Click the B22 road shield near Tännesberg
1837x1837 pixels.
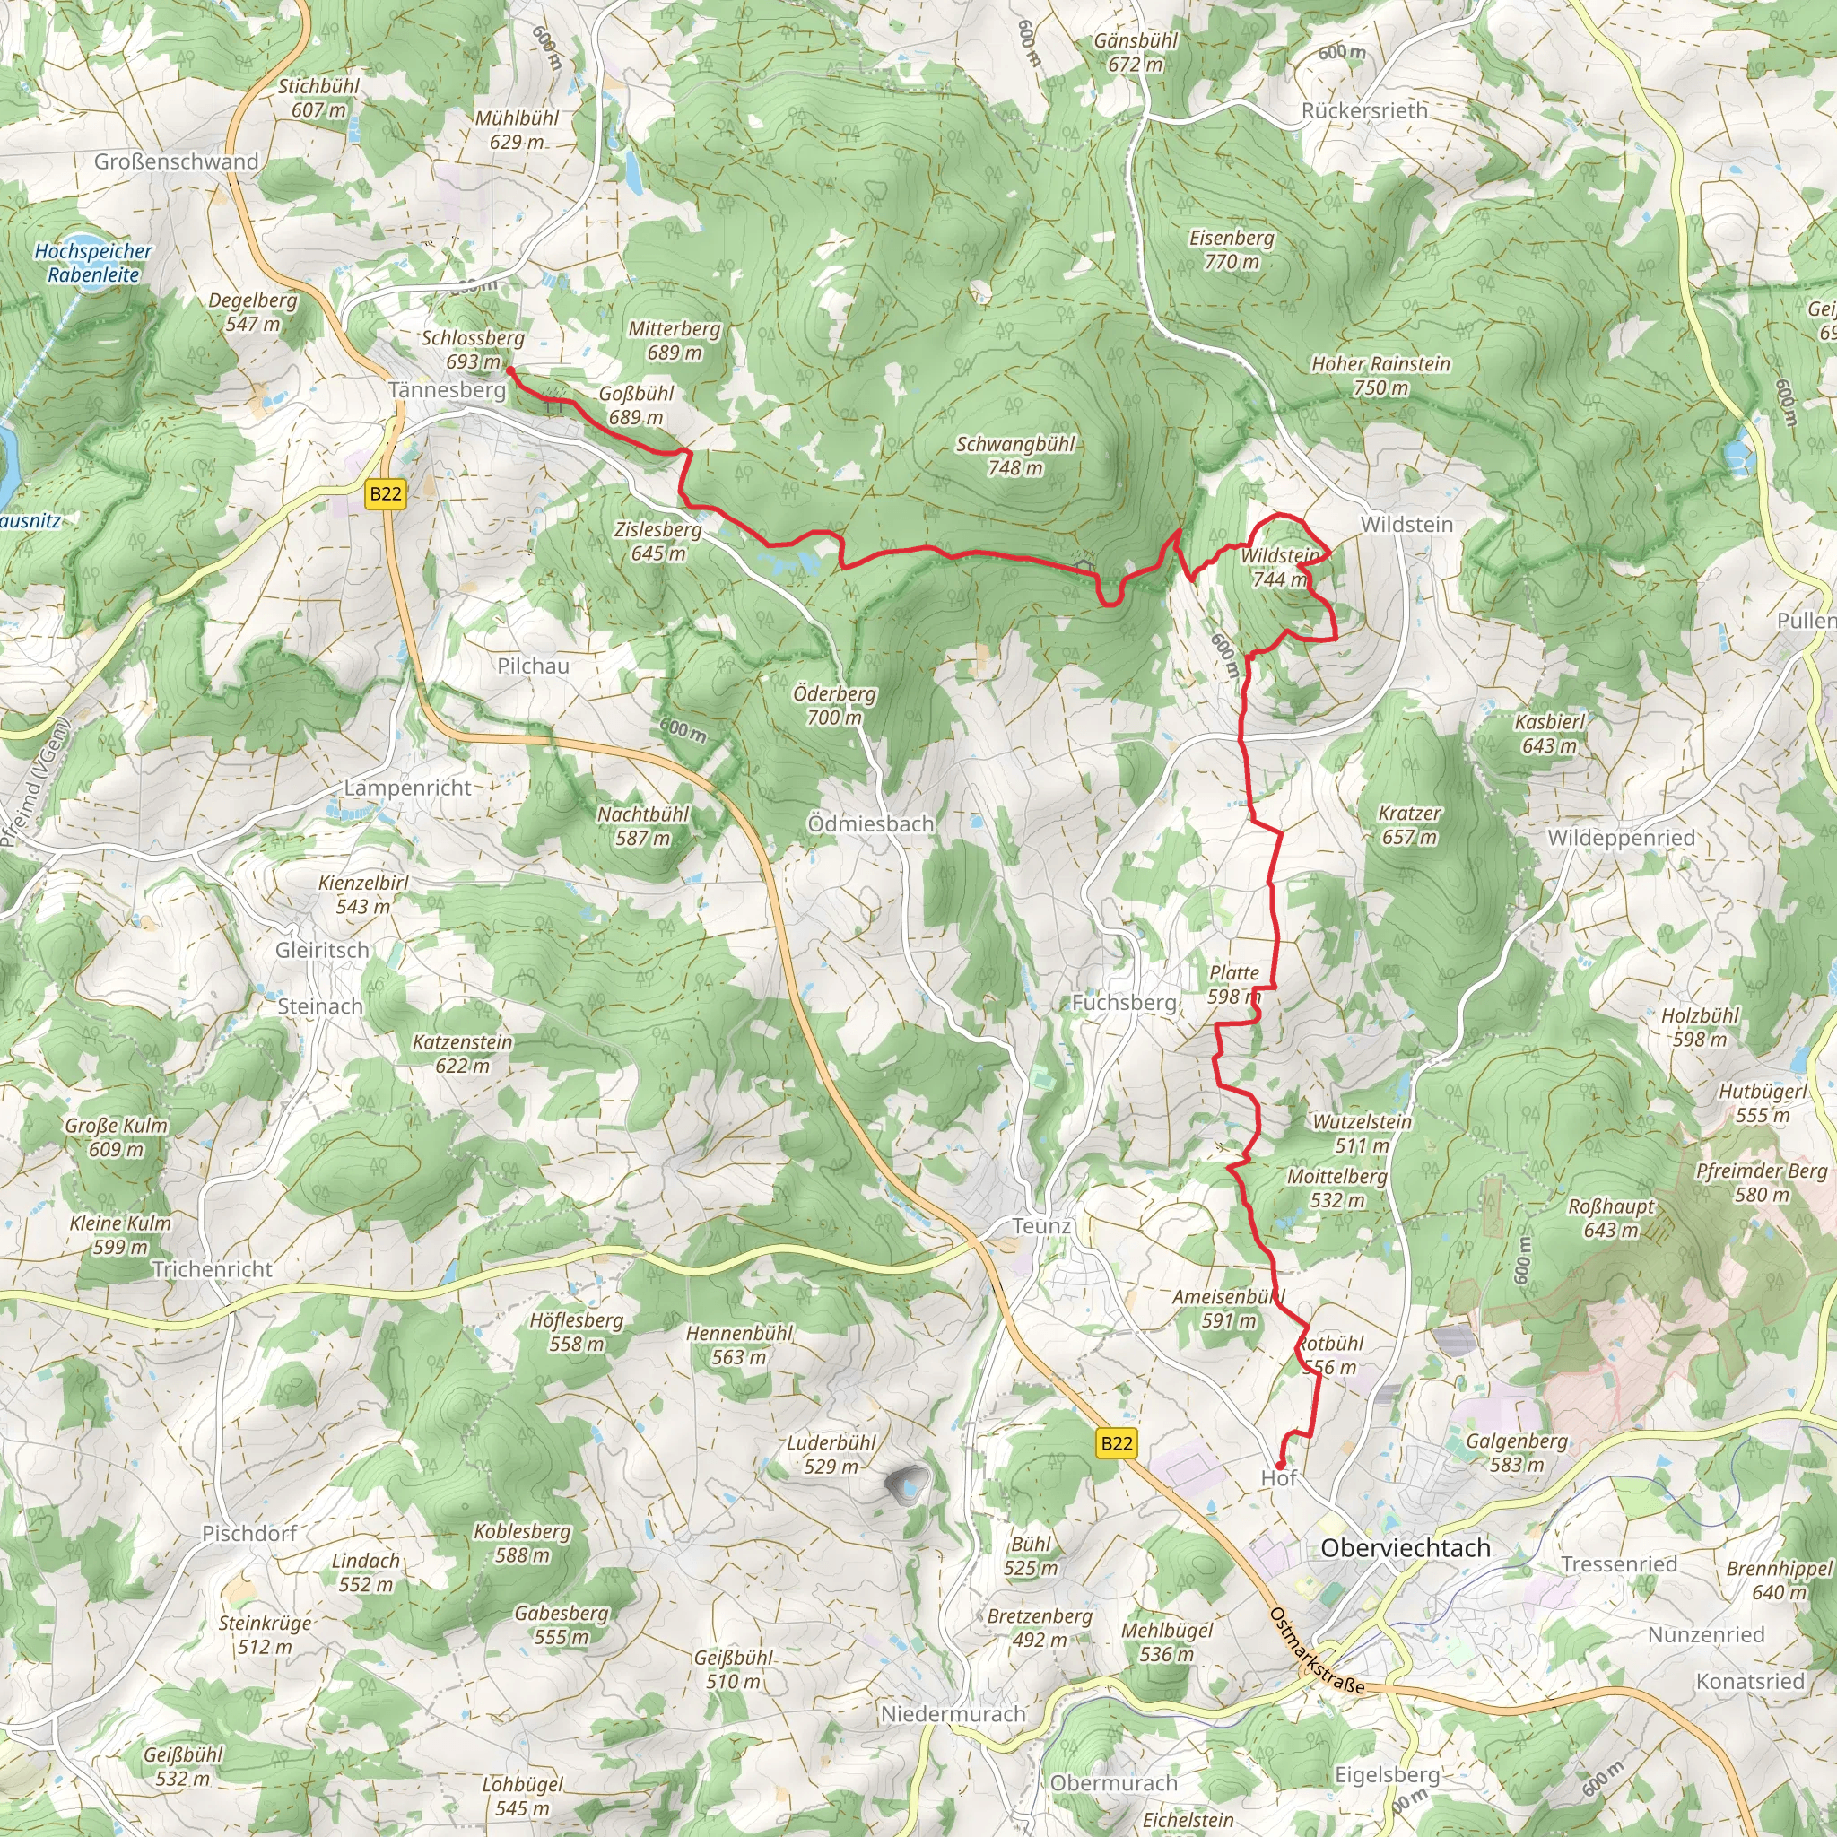pos(385,493)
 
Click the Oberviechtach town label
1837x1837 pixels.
pos(1405,1548)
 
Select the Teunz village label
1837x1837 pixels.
pos(1041,1226)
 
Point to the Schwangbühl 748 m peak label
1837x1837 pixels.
pos(1014,457)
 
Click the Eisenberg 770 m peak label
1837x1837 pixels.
pos(1232,250)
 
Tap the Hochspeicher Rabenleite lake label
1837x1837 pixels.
pos(93,264)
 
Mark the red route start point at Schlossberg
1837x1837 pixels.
pos(510,370)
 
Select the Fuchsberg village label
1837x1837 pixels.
pos(1124,1003)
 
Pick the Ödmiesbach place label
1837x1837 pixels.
pos(870,824)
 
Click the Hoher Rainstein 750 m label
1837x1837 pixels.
pos(1380,376)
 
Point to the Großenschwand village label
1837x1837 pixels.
pos(176,161)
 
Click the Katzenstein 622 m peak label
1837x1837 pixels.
pos(462,1054)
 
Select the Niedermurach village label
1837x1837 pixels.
pos(953,1713)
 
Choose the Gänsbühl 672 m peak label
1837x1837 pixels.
pos(1136,52)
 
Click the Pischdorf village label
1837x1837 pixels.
pos(249,1533)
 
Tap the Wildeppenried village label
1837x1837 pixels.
pos(1621,838)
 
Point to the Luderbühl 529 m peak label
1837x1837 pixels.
pos(831,1455)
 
